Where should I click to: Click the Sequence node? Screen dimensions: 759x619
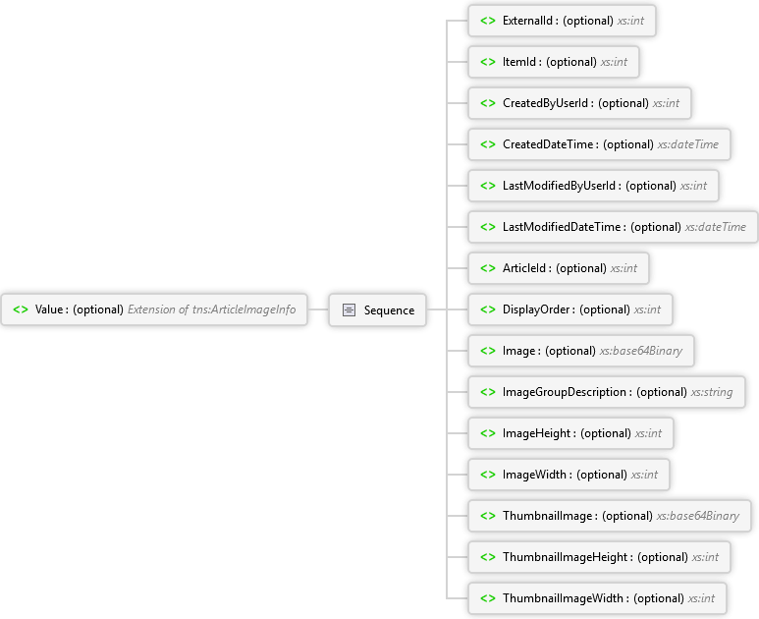coord(378,309)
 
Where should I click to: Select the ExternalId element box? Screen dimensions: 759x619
coord(562,21)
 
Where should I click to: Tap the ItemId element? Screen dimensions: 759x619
coord(554,62)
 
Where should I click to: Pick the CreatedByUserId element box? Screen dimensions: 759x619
coord(579,103)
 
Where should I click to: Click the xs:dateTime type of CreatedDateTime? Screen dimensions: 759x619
coord(688,144)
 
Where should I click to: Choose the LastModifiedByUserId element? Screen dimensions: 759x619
coord(593,186)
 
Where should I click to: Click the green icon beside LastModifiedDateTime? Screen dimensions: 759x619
coord(488,227)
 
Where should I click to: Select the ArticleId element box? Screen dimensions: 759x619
coord(559,268)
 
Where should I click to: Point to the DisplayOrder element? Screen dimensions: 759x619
coord(570,309)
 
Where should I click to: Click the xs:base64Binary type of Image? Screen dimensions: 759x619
coord(641,351)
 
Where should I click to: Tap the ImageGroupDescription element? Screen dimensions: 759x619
coord(607,392)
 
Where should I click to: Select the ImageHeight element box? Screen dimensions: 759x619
coord(570,433)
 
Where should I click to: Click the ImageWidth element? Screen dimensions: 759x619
coord(569,475)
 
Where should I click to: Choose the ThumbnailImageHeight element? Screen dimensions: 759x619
coord(599,557)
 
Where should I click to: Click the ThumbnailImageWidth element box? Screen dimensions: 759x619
coord(597,598)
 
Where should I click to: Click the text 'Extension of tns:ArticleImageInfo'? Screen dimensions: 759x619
coord(211,309)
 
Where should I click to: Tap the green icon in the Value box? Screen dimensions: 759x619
coord(21,309)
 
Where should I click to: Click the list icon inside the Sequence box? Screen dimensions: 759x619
coord(349,309)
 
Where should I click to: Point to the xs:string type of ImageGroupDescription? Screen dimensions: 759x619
coord(712,392)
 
